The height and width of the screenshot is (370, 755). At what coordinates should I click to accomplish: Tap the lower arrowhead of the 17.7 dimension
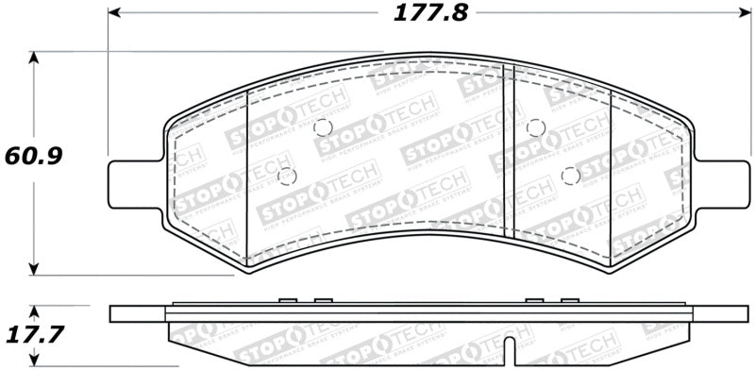click(x=35, y=363)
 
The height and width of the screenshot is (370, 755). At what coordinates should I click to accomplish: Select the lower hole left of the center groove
click(x=288, y=176)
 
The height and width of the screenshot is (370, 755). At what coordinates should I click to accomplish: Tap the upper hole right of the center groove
click(x=535, y=127)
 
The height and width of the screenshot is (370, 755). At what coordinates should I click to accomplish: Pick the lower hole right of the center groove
click(x=568, y=176)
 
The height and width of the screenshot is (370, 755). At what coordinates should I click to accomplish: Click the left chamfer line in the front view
click(x=246, y=175)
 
